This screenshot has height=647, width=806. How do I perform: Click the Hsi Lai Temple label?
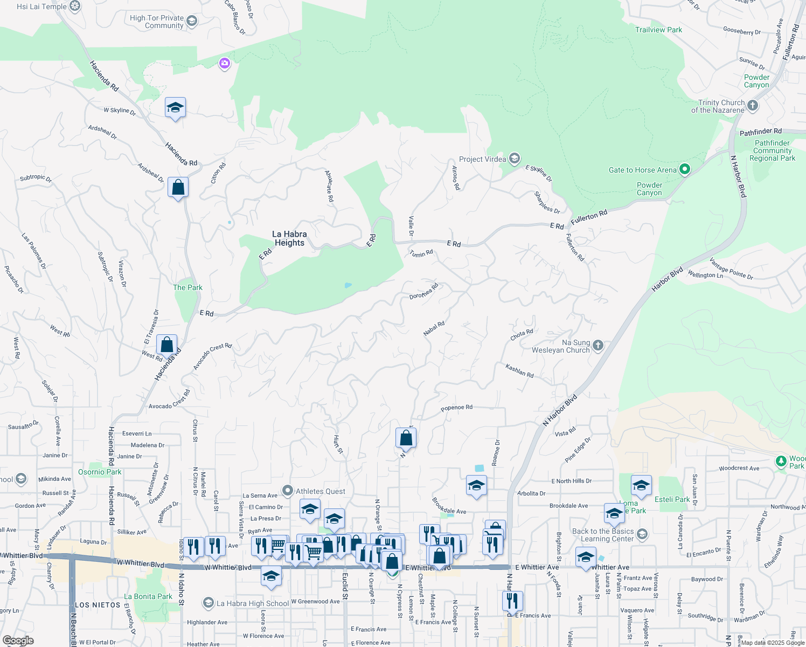(x=42, y=6)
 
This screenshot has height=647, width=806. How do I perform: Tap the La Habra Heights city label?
(x=289, y=238)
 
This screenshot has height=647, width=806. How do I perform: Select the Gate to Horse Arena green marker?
(x=685, y=170)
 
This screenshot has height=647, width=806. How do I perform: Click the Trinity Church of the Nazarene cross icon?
(x=753, y=106)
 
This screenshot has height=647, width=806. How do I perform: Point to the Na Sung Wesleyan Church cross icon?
(x=598, y=346)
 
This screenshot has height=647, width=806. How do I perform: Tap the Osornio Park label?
(x=100, y=472)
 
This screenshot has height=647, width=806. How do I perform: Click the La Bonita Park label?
(x=148, y=596)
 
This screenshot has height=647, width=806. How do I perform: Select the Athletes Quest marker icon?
(x=288, y=491)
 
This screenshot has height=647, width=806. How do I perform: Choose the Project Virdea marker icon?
(x=515, y=159)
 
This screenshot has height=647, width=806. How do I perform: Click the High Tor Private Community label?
(x=157, y=22)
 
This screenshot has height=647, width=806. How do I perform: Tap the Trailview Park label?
(x=658, y=30)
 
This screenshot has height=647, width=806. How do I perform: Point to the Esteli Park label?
(x=672, y=499)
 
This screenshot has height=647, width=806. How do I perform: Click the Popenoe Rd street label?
(x=456, y=408)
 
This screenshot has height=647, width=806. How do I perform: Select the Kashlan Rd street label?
(x=519, y=370)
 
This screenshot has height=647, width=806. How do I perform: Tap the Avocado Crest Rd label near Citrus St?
(x=169, y=399)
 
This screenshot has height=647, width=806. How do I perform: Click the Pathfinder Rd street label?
(x=760, y=132)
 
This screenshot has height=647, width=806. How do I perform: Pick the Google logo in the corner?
(x=18, y=641)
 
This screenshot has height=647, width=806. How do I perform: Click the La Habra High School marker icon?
(x=209, y=603)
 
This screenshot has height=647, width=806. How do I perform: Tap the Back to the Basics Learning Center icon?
(x=642, y=534)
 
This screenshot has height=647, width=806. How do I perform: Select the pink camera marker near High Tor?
(x=225, y=64)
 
